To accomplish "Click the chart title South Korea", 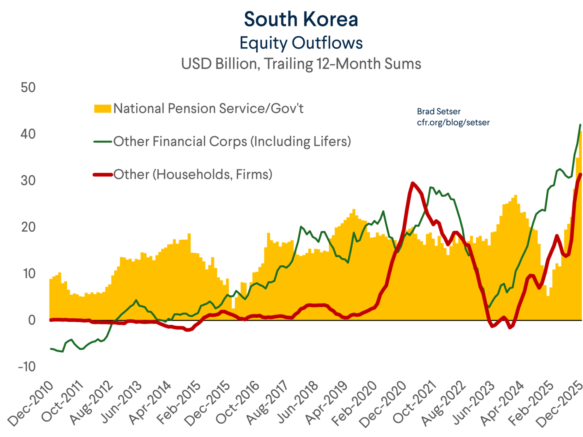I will [301, 19].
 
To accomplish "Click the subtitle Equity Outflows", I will [301, 43].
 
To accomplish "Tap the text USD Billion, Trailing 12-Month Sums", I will [301, 64].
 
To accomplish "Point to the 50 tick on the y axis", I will [28, 88].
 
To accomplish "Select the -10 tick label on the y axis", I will [27, 367].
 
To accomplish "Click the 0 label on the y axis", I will [32, 320].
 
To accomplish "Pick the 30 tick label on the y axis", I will [28, 181].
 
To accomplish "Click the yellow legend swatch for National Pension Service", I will [103, 109].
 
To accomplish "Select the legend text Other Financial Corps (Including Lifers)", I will [232, 141].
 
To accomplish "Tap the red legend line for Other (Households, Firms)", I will [103, 174].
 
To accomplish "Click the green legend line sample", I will [103, 141].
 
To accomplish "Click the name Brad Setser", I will [438, 111].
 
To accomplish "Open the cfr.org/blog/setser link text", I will [453, 123].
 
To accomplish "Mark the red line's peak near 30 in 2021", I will [412, 183].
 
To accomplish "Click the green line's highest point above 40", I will [580, 125].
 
